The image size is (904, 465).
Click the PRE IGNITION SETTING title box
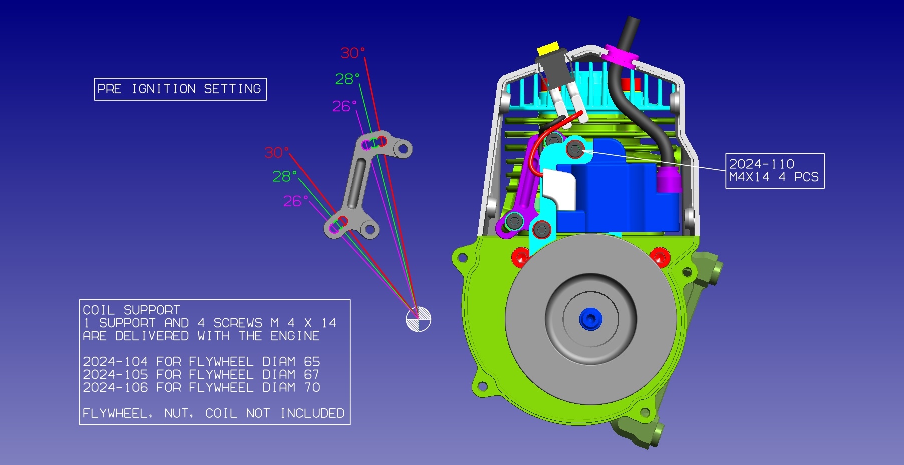click(180, 89)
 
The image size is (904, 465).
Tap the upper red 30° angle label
click(353, 53)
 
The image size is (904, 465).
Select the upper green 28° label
click(347, 79)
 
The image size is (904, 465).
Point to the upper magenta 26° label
click(344, 106)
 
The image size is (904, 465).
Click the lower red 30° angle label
click(277, 152)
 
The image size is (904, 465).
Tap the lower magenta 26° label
click(295, 201)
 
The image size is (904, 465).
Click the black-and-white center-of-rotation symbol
click(418, 319)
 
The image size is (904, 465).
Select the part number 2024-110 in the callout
click(761, 164)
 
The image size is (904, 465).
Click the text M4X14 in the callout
click(749, 177)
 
